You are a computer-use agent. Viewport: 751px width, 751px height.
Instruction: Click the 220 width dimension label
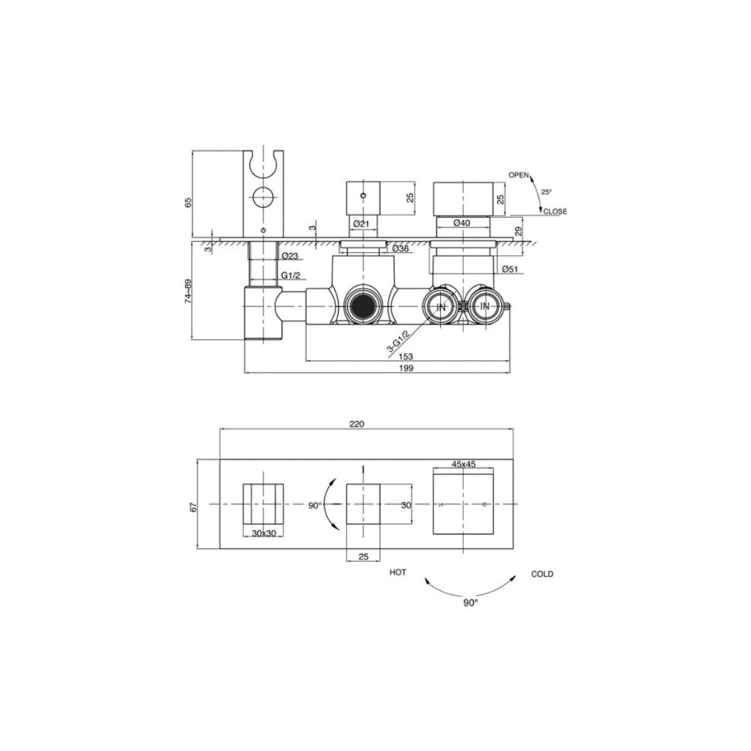pyautogui.click(x=357, y=424)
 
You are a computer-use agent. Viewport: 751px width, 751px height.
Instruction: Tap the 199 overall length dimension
pyautogui.click(x=405, y=368)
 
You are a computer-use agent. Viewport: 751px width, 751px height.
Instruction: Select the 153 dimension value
pyautogui.click(x=405, y=356)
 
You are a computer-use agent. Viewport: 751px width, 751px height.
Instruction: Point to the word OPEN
pyautogui.click(x=518, y=175)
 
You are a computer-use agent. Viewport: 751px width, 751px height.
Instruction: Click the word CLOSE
pyautogui.click(x=555, y=211)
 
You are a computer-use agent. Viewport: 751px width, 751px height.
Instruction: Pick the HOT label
pyautogui.click(x=398, y=572)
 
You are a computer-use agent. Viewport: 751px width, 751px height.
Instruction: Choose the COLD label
pyautogui.click(x=542, y=574)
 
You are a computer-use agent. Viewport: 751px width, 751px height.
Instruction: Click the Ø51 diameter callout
pyautogui.click(x=510, y=269)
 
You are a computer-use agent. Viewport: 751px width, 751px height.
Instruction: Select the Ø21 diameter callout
pyautogui.click(x=361, y=223)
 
